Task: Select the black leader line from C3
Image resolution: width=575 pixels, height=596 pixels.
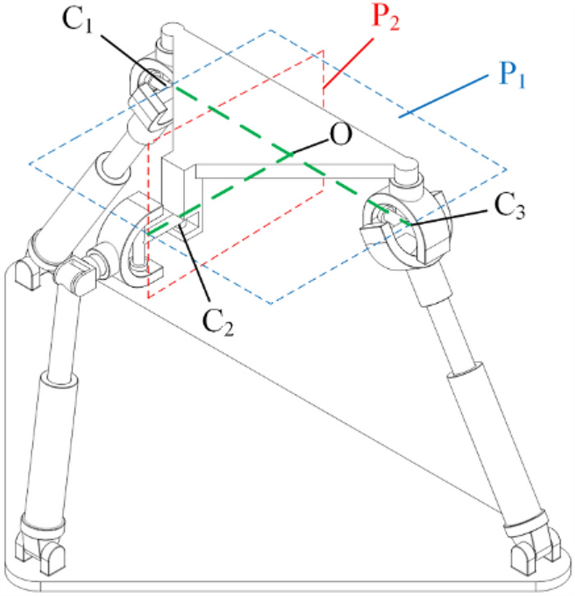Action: [453, 214]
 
